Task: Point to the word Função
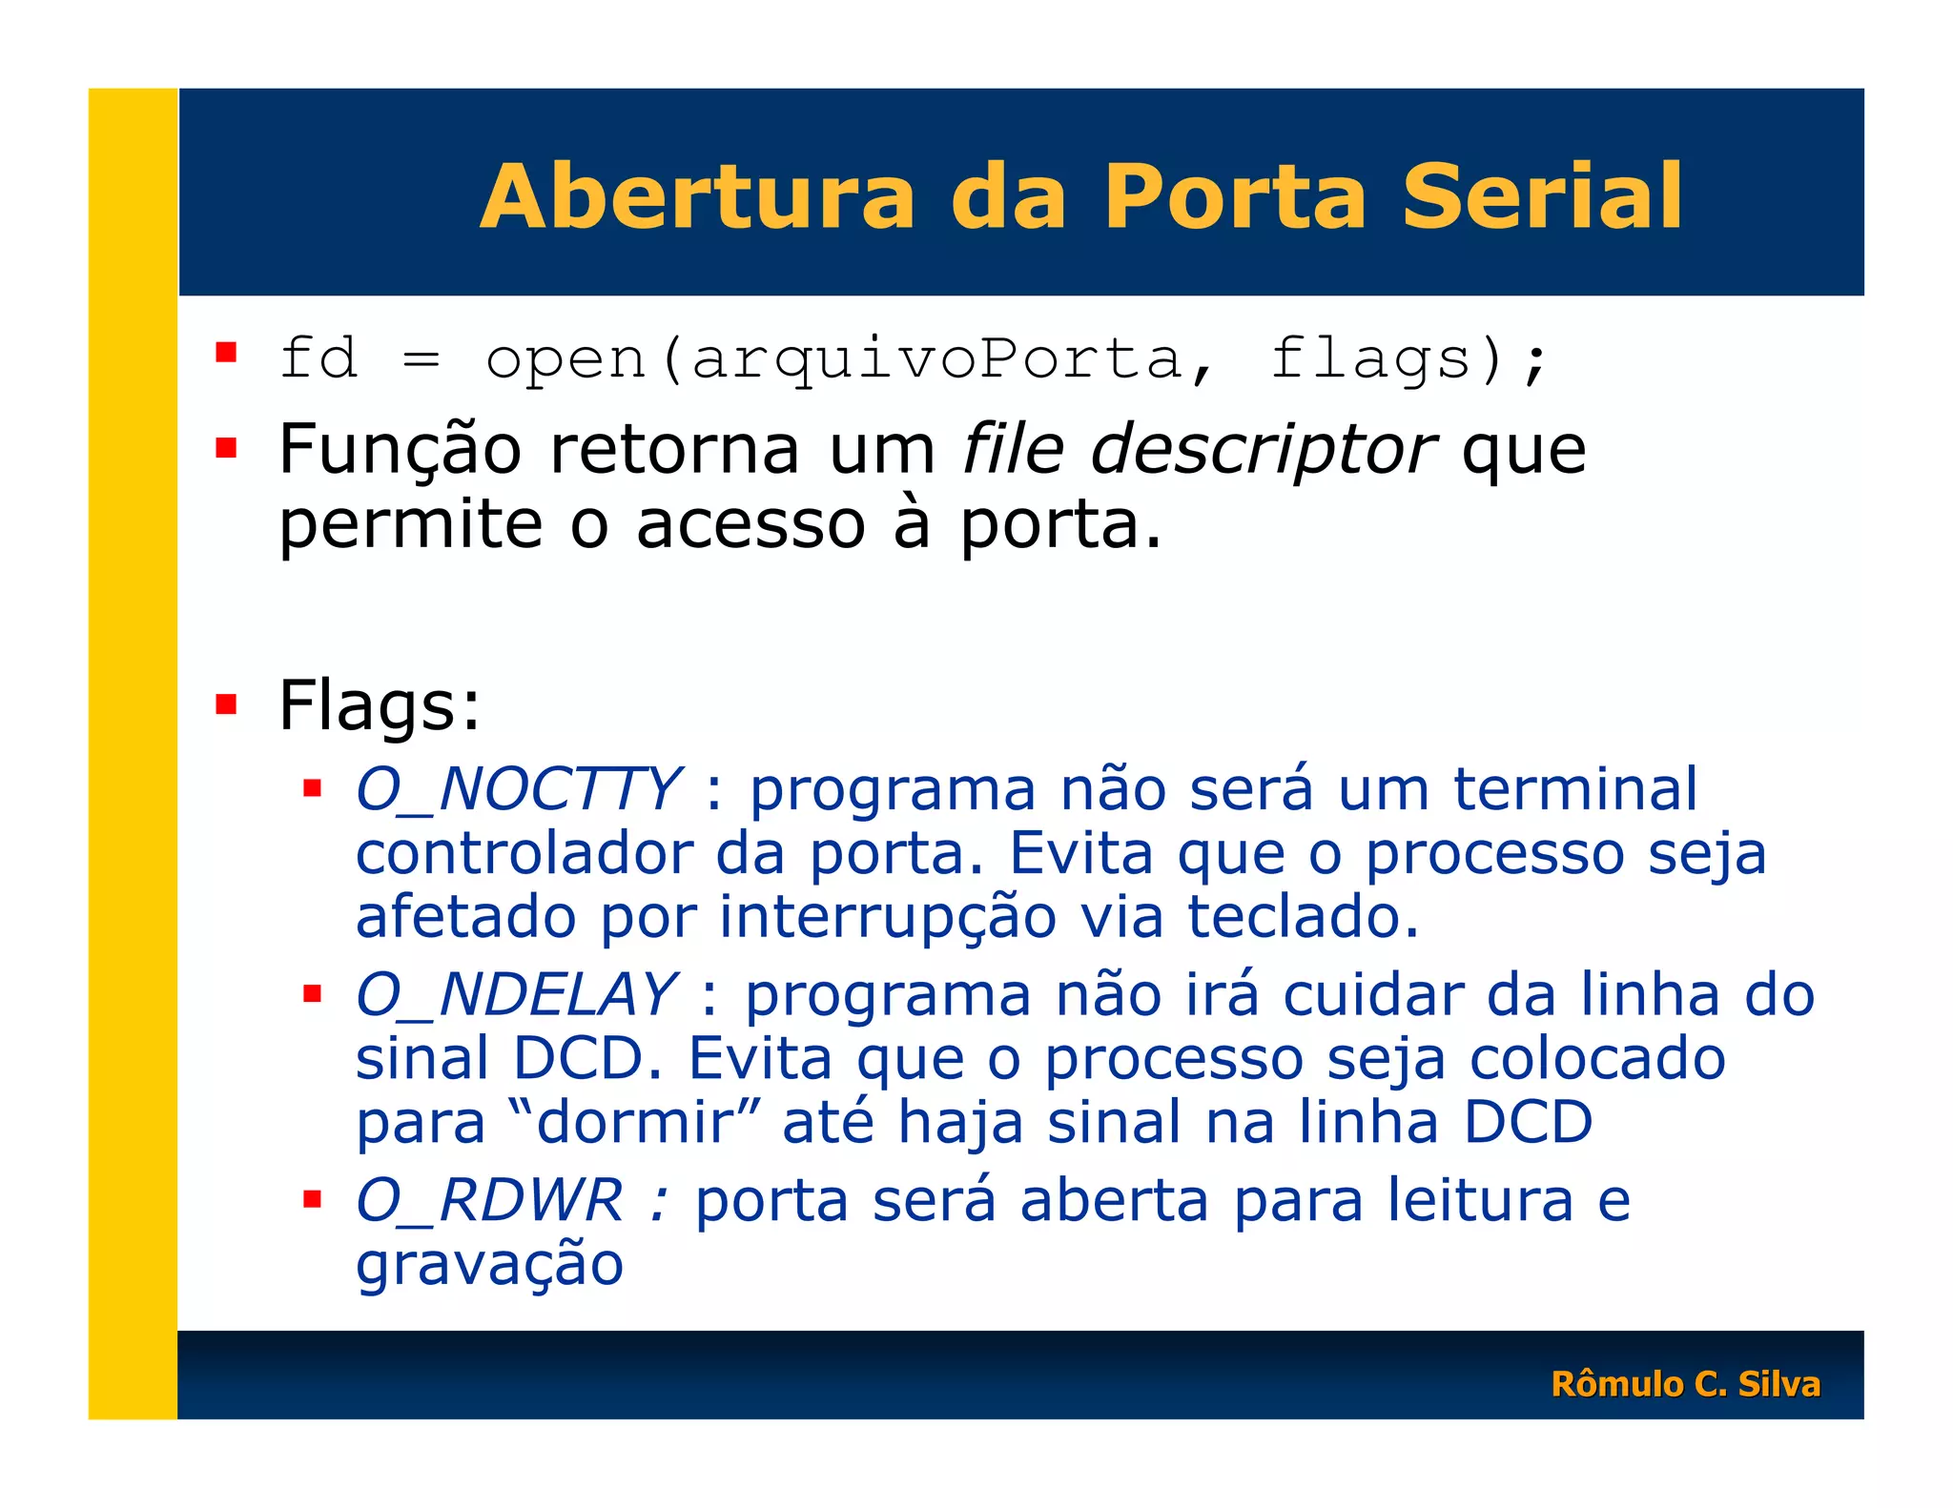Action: click(400, 449)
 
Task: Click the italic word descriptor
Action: click(1262, 449)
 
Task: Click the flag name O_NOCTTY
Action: click(518, 789)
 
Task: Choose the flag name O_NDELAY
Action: click(516, 994)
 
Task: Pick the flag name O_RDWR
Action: click(489, 1199)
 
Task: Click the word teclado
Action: click(1302, 916)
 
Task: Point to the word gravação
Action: click(489, 1265)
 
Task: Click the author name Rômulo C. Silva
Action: click(1685, 1383)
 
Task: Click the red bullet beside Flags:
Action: click(226, 704)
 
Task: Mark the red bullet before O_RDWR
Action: click(312, 1198)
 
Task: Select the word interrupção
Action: click(887, 916)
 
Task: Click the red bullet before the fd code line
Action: click(226, 354)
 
